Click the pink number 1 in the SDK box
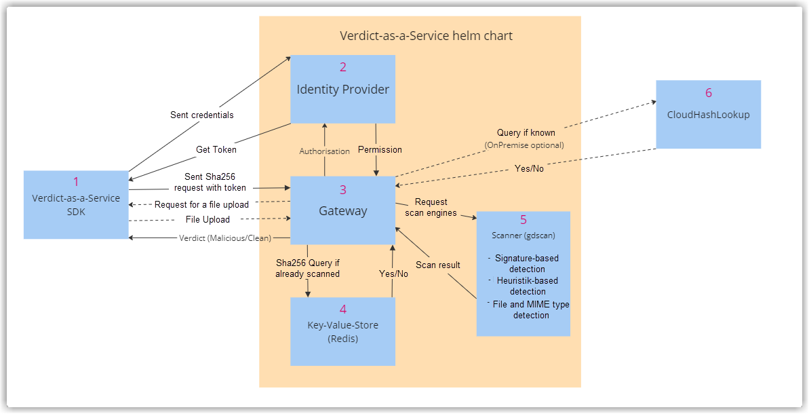click(76, 182)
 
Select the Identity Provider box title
click(342, 89)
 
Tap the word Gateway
click(342, 211)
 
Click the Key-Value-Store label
click(342, 325)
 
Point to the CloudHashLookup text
click(708, 115)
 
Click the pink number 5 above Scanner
click(523, 220)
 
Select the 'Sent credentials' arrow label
click(201, 115)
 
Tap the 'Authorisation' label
click(325, 151)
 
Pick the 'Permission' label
click(380, 149)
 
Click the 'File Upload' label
click(208, 219)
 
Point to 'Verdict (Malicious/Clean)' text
click(225, 238)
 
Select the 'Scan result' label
click(438, 265)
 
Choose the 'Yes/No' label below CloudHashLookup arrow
click(529, 168)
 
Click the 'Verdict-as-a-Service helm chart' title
click(426, 35)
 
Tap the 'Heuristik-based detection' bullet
click(526, 286)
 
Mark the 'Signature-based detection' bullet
click(526, 263)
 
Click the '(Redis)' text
click(342, 339)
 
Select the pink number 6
click(708, 93)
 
